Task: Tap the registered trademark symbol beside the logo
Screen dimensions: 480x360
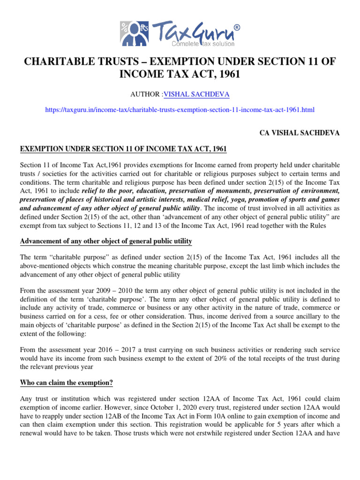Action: [x=237, y=28]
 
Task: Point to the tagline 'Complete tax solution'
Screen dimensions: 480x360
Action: [x=199, y=44]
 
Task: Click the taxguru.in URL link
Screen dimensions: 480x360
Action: [x=180, y=110]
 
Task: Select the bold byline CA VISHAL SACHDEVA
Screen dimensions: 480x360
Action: [x=300, y=133]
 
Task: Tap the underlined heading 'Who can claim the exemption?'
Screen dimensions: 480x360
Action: [x=66, y=382]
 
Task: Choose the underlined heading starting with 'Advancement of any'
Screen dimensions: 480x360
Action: [x=106, y=241]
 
